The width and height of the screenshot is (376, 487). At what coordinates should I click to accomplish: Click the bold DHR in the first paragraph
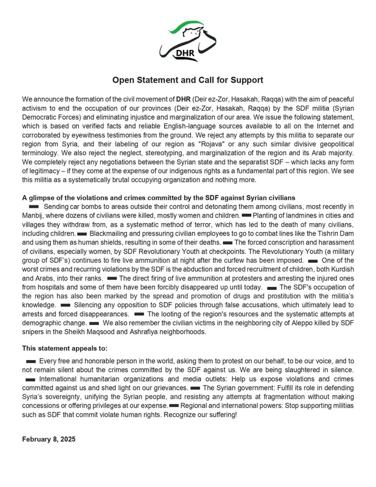pyautogui.click(x=183, y=99)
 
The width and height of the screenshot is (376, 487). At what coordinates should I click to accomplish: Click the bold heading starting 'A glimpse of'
pyautogui.click(x=159, y=198)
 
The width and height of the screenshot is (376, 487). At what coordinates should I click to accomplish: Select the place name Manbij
pyautogui.click(x=33, y=216)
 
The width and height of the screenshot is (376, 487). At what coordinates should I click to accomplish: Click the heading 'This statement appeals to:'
pyautogui.click(x=66, y=349)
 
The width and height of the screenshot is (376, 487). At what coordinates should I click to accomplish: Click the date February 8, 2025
pyautogui.click(x=49, y=439)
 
